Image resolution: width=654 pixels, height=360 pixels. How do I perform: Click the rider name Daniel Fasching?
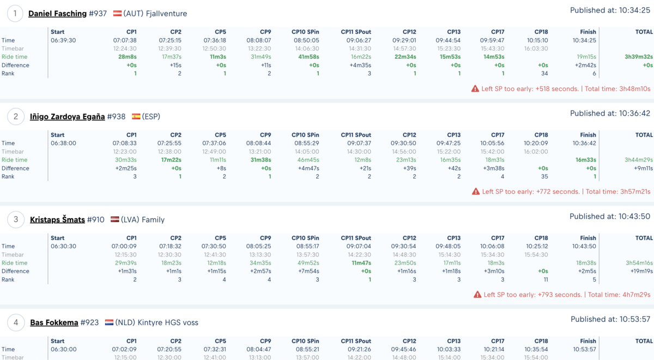[58, 14]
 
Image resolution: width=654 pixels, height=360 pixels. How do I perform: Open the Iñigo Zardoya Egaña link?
[68, 117]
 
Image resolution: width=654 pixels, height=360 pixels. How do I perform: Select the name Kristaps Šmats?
[58, 219]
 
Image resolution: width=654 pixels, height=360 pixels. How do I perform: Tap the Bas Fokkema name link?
[55, 322]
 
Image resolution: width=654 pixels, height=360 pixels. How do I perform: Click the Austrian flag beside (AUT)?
[117, 14]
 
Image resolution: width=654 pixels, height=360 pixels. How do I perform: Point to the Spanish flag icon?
[136, 117]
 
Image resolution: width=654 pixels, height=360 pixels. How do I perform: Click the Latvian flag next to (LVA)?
[115, 219]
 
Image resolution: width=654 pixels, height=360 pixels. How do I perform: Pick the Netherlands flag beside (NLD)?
[109, 322]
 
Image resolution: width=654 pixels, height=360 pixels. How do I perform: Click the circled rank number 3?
[15, 219]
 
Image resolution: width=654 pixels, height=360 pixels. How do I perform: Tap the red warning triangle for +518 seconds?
[475, 89]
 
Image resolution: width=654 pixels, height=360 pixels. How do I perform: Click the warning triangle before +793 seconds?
[477, 295]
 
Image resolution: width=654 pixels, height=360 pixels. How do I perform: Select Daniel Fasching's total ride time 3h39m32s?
[639, 57]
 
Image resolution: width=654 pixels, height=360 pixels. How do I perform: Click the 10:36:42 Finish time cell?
[584, 143]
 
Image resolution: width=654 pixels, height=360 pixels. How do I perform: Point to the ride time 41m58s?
[308, 57]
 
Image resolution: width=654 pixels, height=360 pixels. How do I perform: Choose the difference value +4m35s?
[360, 65]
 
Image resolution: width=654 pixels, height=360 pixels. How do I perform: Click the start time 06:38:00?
[63, 143]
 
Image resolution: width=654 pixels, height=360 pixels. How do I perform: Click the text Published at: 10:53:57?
[610, 320]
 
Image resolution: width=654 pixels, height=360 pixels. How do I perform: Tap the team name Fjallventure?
[166, 14]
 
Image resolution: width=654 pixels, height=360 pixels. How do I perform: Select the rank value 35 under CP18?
[544, 176]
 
